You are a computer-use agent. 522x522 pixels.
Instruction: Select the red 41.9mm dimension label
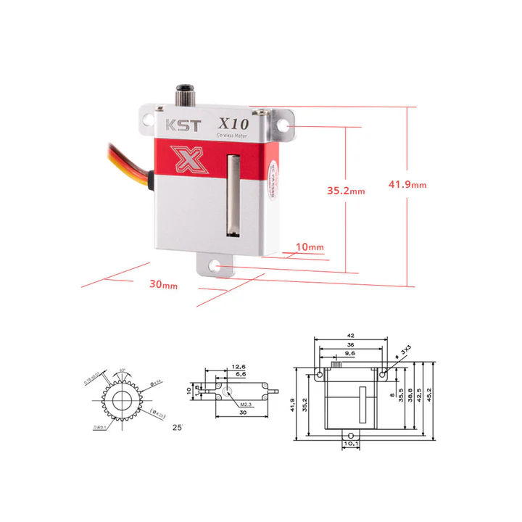(x=407, y=184)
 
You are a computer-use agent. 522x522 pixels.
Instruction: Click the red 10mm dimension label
(x=310, y=247)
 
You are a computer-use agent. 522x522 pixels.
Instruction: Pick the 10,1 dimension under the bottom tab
(x=350, y=444)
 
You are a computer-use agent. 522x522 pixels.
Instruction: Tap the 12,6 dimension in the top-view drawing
(x=239, y=368)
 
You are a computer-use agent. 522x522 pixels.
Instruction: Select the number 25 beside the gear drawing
(x=177, y=427)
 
